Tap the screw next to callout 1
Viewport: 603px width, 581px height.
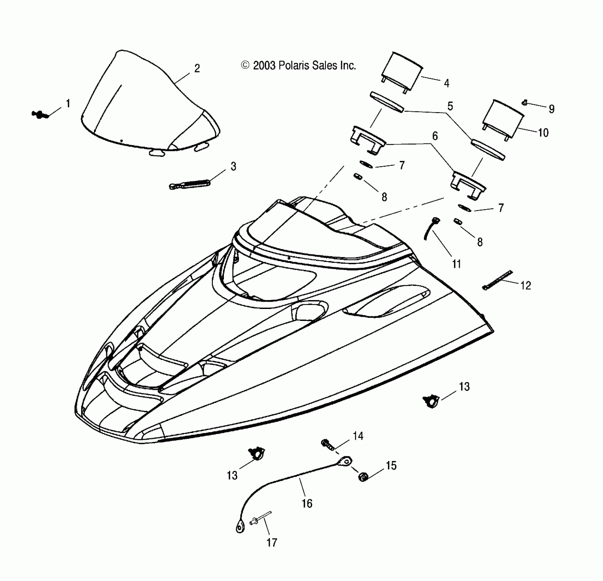click(40, 114)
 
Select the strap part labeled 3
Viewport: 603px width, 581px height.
click(190, 184)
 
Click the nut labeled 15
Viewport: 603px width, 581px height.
click(363, 476)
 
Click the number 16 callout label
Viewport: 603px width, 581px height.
click(307, 503)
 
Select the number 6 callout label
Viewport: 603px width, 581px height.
click(435, 136)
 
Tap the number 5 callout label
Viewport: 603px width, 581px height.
click(450, 106)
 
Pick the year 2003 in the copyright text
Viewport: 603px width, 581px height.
click(264, 65)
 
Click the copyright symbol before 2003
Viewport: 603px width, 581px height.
click(245, 65)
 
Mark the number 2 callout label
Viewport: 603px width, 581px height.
click(197, 68)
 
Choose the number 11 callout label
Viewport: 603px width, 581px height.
click(457, 264)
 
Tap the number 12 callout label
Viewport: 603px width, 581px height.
click(525, 285)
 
